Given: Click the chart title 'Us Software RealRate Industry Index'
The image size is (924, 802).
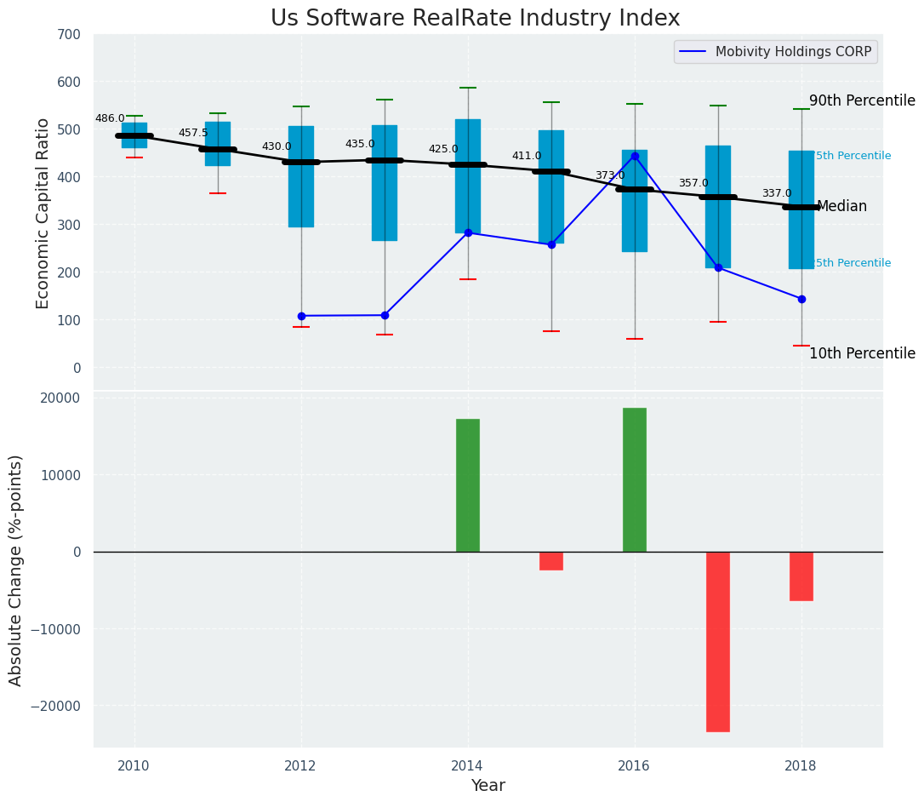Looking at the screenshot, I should (x=475, y=19).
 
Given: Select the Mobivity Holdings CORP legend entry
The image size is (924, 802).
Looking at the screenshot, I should (x=775, y=52).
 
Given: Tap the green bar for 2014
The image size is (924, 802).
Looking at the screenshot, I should (x=468, y=485).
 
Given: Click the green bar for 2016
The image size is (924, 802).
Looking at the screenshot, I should (x=635, y=479).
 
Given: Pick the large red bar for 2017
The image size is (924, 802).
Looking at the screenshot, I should (x=718, y=641).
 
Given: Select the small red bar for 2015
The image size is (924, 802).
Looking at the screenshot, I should (x=551, y=561).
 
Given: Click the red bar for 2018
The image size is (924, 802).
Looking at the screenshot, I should (x=801, y=576).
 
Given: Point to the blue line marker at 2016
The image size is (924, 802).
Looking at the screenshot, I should (x=635, y=157).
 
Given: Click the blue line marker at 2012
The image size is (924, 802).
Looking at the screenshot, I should (x=301, y=316).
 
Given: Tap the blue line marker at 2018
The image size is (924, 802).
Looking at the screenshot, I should (x=801, y=299).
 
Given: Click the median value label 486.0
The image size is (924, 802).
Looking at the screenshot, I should (x=110, y=119).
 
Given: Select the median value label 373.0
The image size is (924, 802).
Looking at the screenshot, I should (x=610, y=176).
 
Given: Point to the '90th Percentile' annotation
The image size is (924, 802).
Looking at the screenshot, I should (x=862, y=100).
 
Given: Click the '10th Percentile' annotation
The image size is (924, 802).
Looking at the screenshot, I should (x=862, y=353).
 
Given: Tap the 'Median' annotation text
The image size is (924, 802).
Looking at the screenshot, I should (x=841, y=206).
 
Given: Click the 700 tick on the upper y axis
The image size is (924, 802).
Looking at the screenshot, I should (x=69, y=35).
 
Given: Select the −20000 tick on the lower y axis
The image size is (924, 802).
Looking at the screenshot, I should (x=56, y=707).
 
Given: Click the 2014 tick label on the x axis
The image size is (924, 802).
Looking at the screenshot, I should (x=468, y=765).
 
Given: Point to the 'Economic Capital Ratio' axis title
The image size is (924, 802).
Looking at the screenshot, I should (x=43, y=213).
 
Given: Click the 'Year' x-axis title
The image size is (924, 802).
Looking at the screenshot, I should (x=488, y=786).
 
